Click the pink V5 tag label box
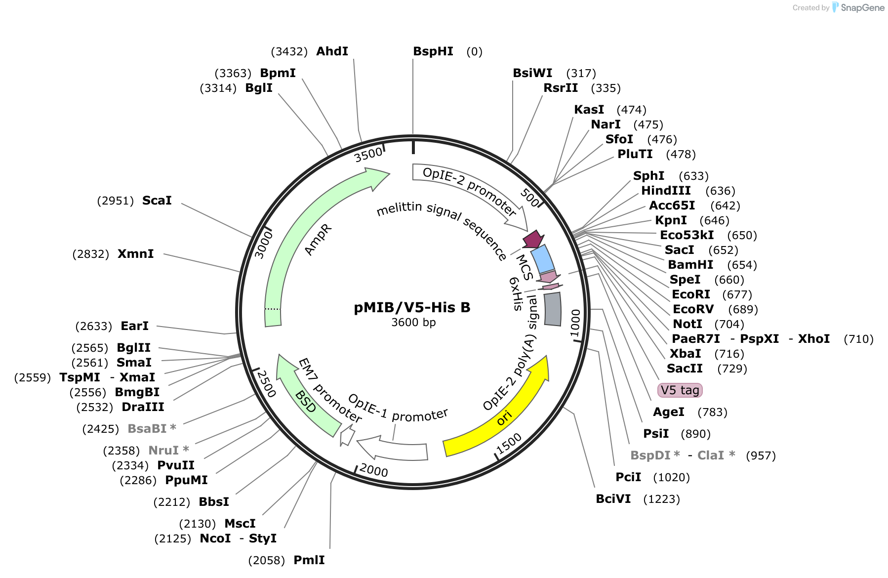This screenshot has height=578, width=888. [x=680, y=390]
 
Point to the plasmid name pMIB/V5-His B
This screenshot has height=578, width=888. [x=412, y=307]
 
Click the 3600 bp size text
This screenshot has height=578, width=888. [x=413, y=323]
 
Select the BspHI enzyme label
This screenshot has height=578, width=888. [x=433, y=51]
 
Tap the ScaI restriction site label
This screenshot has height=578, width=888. [x=157, y=201]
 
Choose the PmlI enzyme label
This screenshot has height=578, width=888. [x=309, y=560]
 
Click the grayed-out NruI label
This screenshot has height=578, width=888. [x=163, y=451]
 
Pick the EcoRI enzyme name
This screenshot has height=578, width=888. [x=691, y=294]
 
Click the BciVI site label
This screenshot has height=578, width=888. [x=613, y=499]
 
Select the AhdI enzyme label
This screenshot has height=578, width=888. [x=332, y=51]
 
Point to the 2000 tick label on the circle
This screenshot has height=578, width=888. [x=374, y=470]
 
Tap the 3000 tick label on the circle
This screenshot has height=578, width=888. [x=263, y=245]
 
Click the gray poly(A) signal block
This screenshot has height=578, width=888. [x=553, y=309]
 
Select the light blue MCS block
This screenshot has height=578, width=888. [x=542, y=259]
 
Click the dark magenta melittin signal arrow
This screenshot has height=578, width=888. [x=533, y=240]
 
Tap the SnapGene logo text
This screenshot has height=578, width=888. [x=862, y=7]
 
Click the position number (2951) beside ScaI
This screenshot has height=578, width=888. [x=116, y=201]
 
